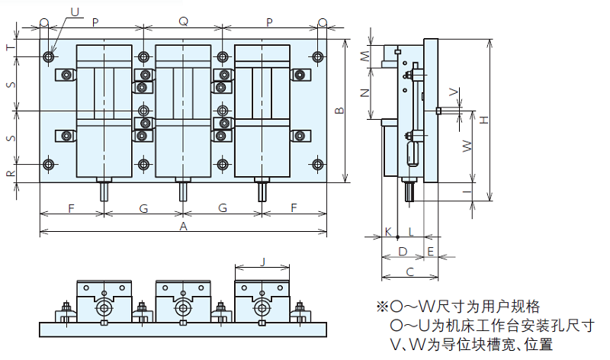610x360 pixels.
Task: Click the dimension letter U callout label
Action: (x=75, y=11)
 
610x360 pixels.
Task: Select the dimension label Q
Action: (x=183, y=22)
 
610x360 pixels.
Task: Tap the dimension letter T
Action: (x=10, y=47)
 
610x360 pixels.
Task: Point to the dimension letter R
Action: (x=10, y=173)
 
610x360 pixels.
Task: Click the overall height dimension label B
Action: (x=340, y=111)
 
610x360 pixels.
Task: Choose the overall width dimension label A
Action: (x=183, y=227)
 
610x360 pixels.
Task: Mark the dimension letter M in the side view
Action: (x=365, y=56)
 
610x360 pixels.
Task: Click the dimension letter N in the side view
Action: (x=365, y=93)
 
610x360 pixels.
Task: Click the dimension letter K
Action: (x=387, y=230)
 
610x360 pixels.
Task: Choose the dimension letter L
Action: (x=409, y=230)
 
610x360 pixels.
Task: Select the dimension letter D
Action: (x=403, y=251)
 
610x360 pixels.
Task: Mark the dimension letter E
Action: (x=431, y=251)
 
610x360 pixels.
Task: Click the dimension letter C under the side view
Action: (x=409, y=271)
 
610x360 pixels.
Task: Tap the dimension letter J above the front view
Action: (x=263, y=262)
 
